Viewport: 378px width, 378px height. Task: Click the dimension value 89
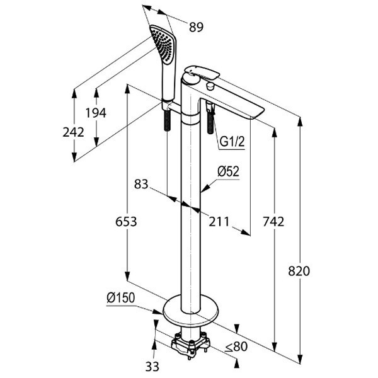tap(196, 26)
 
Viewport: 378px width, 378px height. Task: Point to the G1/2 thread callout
tap(231, 143)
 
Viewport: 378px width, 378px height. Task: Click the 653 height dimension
tap(126, 222)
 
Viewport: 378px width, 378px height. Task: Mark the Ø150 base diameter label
tap(120, 297)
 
